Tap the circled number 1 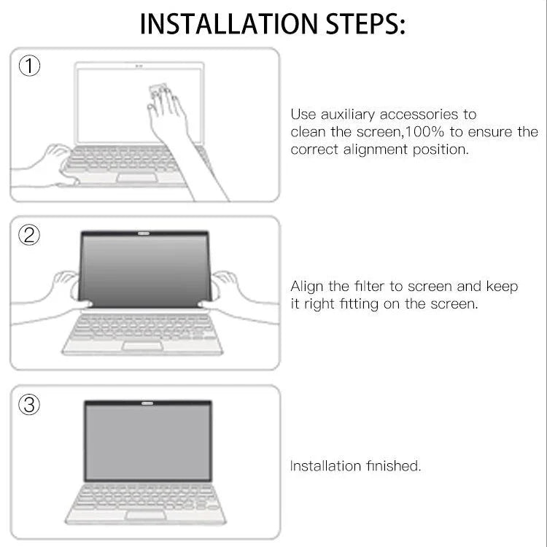(29, 67)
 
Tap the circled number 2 (29, 235)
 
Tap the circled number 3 (29, 405)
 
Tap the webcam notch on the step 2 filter (144, 235)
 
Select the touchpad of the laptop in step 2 (141, 345)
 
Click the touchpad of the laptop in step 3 (147, 514)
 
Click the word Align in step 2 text (306, 287)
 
